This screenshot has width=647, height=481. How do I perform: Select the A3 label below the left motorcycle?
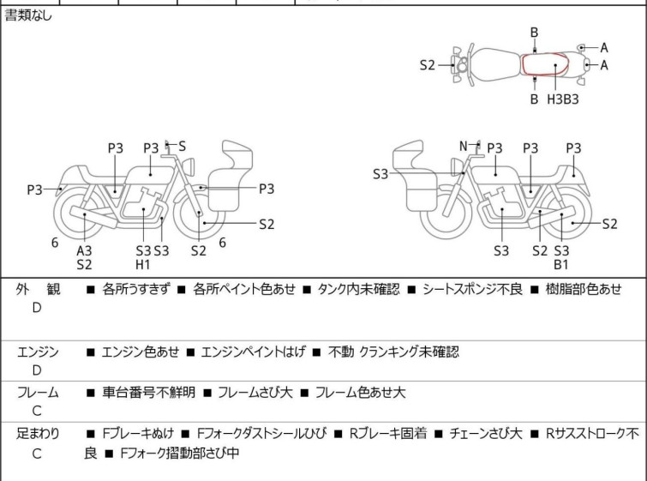click(84, 250)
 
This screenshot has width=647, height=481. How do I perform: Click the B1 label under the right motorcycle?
click(562, 265)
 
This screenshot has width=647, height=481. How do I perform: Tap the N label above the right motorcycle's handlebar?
click(464, 146)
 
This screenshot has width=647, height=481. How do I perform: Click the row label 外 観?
click(38, 290)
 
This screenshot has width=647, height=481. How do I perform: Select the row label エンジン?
click(38, 352)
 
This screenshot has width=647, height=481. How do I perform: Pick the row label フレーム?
click(38, 393)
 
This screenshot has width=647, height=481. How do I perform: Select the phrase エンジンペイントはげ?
click(249, 352)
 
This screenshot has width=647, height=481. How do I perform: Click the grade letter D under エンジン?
click(37, 370)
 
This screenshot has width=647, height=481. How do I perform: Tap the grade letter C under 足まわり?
click(37, 454)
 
